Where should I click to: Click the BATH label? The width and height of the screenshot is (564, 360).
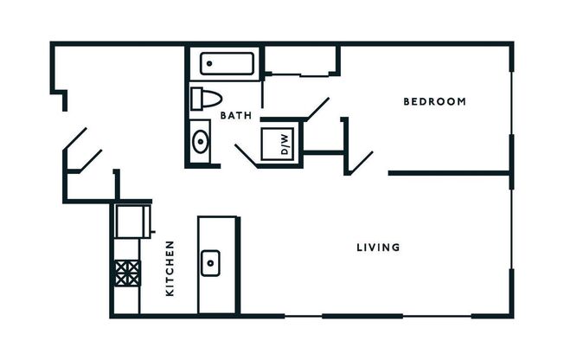[235, 115]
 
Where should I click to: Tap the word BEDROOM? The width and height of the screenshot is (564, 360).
[435, 102]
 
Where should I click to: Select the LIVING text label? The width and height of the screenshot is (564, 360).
[378, 247]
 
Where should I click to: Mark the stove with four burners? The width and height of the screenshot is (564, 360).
[127, 273]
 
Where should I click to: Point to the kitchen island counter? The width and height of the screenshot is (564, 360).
[218, 264]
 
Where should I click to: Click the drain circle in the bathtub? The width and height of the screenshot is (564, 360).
[210, 63]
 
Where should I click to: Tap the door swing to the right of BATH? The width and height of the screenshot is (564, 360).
[315, 111]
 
